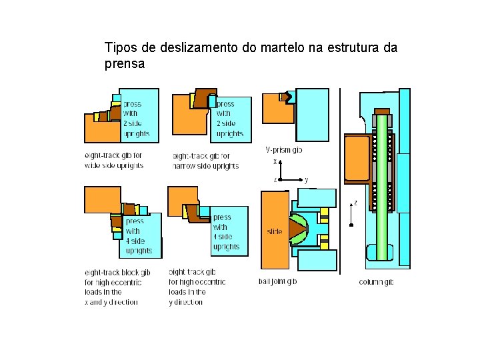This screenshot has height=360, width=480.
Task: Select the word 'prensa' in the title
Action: coord(125,65)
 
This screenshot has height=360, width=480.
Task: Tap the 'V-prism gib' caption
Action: coord(283,150)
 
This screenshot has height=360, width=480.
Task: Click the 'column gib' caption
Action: coord(376,282)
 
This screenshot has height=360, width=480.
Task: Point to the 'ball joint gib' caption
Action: coord(277,281)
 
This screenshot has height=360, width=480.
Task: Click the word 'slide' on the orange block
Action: coord(275,232)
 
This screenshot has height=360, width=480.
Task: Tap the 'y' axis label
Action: coord(306,180)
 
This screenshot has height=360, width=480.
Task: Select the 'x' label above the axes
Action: coord(275,161)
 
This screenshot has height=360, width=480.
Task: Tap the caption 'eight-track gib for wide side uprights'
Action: coord(113,160)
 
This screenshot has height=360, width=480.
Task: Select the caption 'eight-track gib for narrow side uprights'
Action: coord(205,160)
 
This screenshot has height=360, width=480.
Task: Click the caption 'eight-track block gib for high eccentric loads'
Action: coord(117,287)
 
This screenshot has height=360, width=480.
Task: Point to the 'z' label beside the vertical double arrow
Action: coord(355,203)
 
